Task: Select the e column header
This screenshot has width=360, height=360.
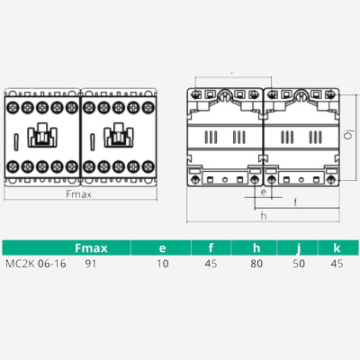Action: point(161,247)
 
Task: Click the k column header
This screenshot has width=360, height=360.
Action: point(337,247)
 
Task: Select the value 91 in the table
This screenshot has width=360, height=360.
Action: point(90,265)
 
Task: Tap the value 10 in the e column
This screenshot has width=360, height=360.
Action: point(162,265)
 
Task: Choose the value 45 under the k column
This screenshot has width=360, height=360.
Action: point(337,265)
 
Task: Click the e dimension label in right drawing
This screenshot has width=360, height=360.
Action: point(262,192)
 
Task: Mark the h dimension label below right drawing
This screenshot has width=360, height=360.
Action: point(263,216)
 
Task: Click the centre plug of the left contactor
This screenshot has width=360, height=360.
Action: point(40,137)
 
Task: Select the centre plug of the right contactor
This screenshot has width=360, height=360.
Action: point(117,137)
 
